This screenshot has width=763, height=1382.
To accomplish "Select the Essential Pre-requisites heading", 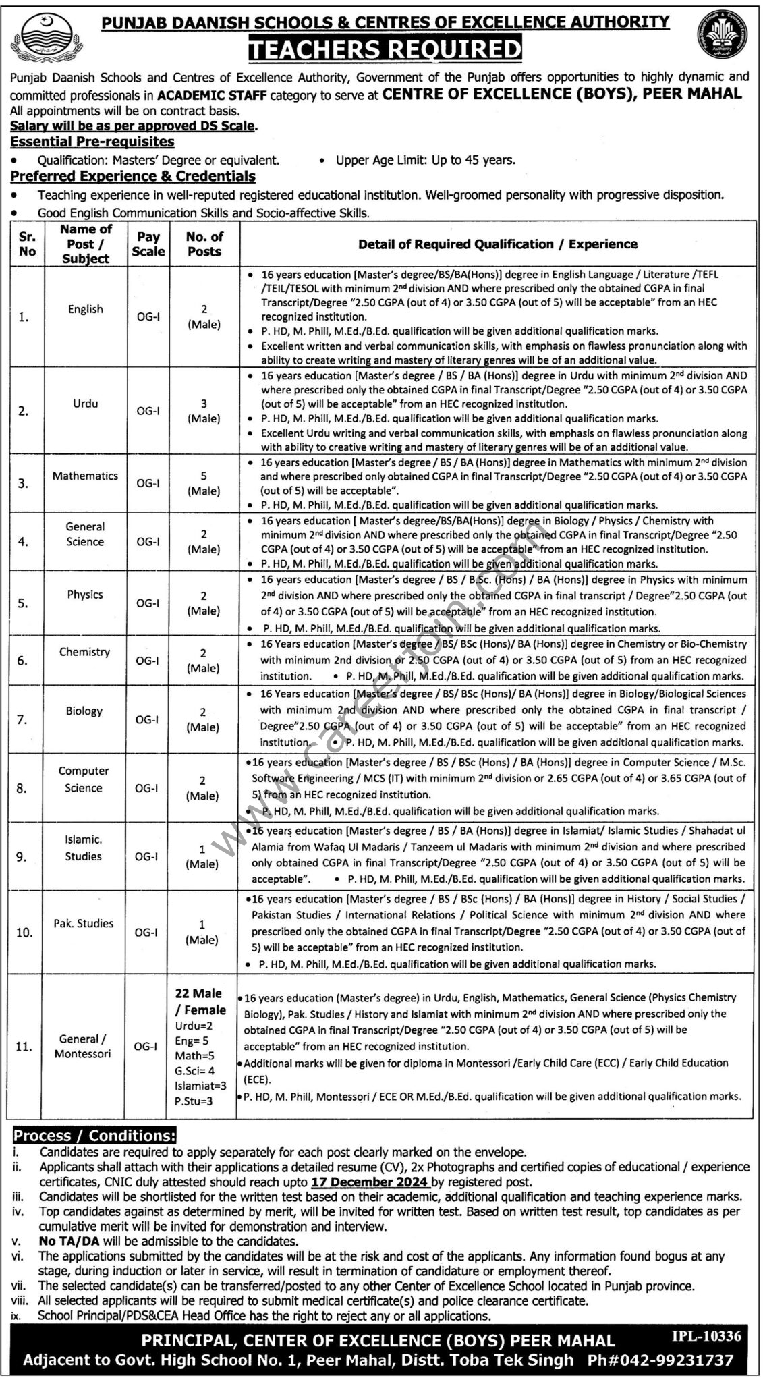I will pyautogui.click(x=92, y=142).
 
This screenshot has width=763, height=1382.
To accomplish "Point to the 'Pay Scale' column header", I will pyautogui.click(x=148, y=244).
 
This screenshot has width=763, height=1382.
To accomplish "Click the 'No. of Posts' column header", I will pyautogui.click(x=204, y=244).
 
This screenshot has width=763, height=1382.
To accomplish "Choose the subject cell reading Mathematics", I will pyautogui.click(x=85, y=476).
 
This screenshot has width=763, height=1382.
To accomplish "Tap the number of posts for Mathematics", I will pyautogui.click(x=204, y=483).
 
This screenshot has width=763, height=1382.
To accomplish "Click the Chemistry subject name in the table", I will pyautogui.click(x=84, y=653).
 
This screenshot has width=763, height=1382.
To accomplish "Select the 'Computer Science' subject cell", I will pyautogui.click(x=84, y=779).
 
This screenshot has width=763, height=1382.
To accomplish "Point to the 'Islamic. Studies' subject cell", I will pyautogui.click(x=84, y=848).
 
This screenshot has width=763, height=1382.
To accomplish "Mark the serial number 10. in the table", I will pyautogui.click(x=24, y=933).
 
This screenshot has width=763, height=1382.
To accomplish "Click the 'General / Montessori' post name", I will pyautogui.click(x=84, y=1046).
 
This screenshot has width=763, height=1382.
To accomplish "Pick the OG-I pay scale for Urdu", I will pyautogui.click(x=148, y=410).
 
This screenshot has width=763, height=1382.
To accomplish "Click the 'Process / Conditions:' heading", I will pyautogui.click(x=95, y=1136).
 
